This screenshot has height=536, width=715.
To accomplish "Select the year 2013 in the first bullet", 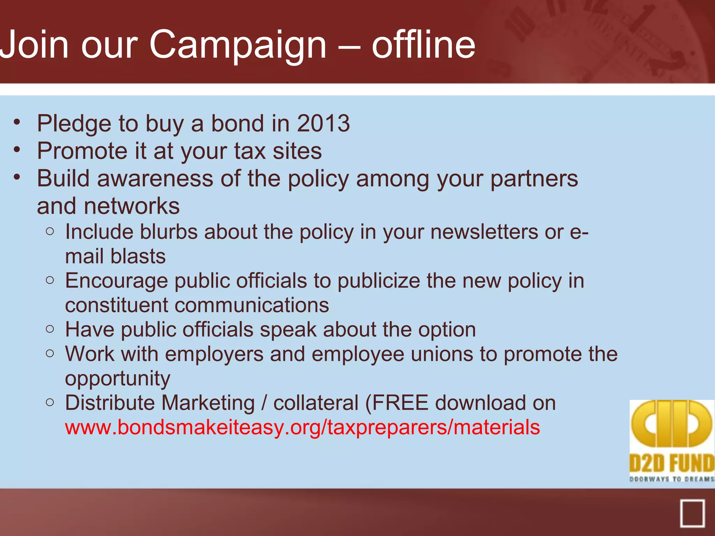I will (323, 124).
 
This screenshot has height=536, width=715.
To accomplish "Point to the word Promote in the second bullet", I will (82, 151).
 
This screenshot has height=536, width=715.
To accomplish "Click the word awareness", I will (155, 179).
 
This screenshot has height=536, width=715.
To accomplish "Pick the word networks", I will (132, 206).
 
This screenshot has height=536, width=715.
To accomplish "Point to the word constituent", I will (117, 305).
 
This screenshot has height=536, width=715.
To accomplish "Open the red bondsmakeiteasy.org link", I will (302, 427).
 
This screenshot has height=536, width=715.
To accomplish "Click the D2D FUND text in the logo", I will (672, 463).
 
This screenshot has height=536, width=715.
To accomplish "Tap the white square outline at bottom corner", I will (692, 513).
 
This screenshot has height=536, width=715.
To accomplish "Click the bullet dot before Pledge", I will (17, 122).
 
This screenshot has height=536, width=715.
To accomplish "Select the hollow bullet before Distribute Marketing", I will (50, 403).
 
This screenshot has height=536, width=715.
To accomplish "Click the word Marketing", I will (208, 403).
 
